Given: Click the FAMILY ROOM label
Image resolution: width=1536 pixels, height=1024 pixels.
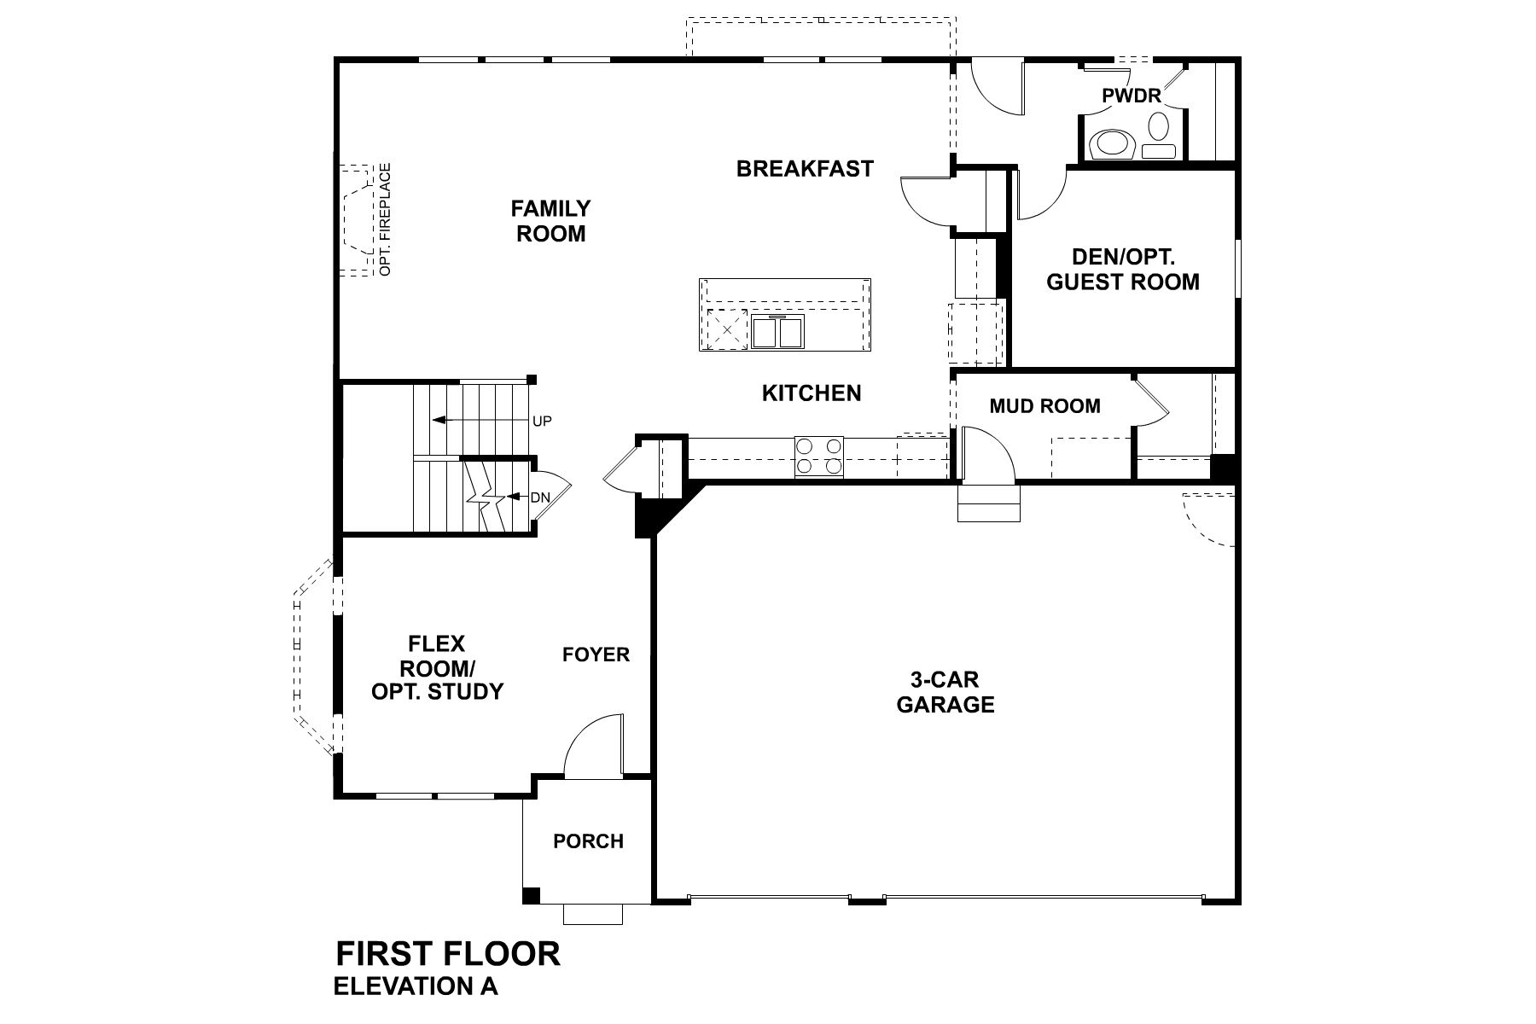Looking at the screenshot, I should [x=550, y=221].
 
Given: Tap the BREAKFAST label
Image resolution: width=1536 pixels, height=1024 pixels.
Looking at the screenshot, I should [x=805, y=168].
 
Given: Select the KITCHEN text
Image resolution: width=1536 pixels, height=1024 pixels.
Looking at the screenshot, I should [x=811, y=393].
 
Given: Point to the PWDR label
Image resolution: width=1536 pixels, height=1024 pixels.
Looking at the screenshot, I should [x=1132, y=96].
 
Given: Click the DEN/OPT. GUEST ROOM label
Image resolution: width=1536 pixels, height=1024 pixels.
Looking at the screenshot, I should [x=1122, y=270].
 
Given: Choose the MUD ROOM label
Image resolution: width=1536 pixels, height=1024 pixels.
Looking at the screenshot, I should [x=1044, y=406].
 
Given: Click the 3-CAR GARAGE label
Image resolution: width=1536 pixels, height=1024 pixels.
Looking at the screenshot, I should [x=945, y=692].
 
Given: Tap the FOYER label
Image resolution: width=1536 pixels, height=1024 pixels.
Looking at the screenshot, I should [x=596, y=655].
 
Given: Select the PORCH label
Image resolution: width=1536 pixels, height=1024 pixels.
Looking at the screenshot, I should [x=588, y=841].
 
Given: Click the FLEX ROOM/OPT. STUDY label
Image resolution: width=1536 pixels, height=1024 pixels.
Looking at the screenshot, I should [x=437, y=667].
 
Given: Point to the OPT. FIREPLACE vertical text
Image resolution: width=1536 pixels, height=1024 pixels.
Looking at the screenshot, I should [x=386, y=219].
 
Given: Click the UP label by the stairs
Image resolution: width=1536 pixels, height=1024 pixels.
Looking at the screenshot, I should [x=542, y=421].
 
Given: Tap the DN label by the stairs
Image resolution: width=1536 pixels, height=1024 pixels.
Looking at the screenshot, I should [x=539, y=497].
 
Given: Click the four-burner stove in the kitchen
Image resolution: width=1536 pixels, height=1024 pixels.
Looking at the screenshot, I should [x=818, y=456].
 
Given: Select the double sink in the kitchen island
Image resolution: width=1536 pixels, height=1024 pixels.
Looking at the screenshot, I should [x=777, y=331].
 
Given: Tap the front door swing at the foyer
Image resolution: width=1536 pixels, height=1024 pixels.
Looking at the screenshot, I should [x=592, y=744].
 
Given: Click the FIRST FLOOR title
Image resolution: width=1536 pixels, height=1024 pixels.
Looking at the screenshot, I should [x=448, y=953].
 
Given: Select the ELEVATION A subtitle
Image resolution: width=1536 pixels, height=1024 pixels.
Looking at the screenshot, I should [x=416, y=986].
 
